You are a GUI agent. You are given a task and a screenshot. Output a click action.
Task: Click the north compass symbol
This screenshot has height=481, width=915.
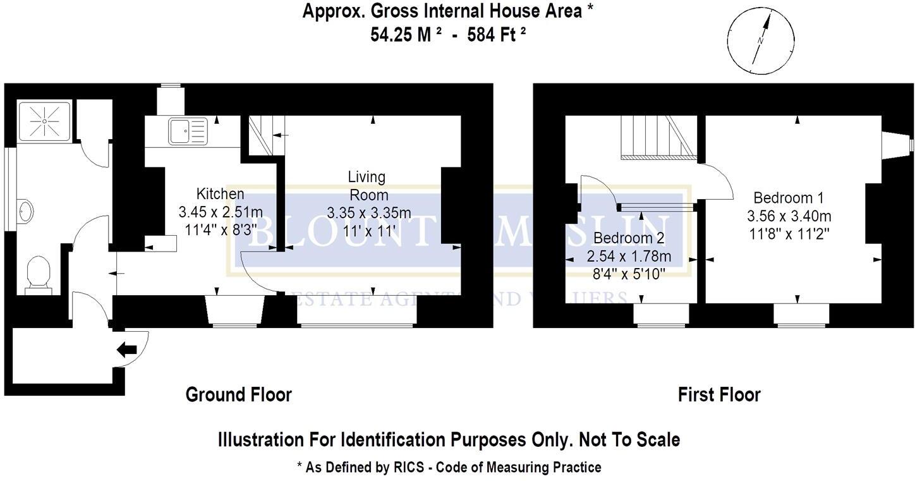(x=760, y=40)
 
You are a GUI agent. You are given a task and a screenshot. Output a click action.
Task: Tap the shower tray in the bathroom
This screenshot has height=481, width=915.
(x=46, y=121)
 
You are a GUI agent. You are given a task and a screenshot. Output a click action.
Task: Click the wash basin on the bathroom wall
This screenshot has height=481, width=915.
(x=25, y=210)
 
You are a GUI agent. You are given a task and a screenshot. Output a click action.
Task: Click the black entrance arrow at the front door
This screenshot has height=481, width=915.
(x=127, y=350)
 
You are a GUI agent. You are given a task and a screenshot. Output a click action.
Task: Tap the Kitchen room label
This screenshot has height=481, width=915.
(x=220, y=193)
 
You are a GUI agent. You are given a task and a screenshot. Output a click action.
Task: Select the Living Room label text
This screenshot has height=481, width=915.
(x=367, y=185)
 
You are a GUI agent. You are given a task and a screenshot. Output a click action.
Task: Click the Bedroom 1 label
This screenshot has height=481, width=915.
(x=788, y=197)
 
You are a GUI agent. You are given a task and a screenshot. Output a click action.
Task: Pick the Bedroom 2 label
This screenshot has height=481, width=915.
(x=629, y=239)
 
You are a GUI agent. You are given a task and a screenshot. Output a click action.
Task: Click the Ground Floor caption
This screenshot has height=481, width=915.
(x=238, y=395)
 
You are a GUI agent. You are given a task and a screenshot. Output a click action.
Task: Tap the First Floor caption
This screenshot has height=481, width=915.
(x=719, y=395)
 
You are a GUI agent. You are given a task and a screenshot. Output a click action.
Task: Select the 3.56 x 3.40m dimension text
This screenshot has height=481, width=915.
(x=788, y=216)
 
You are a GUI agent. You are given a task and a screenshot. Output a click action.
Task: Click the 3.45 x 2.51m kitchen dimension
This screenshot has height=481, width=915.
(x=220, y=212)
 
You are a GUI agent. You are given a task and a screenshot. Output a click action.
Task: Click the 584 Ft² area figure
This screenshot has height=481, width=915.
(x=497, y=34)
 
